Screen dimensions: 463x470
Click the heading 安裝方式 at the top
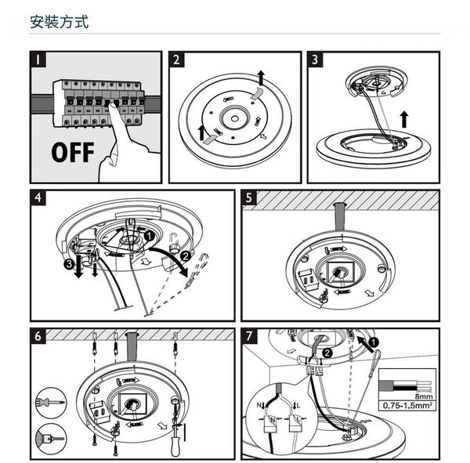click(x=59, y=21)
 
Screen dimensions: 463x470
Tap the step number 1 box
click(x=38, y=59)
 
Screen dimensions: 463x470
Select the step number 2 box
click(x=176, y=59)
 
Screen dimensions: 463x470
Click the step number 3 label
click(x=316, y=59)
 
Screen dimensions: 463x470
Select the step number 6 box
click(x=38, y=335)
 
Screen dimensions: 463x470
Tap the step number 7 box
click(x=249, y=335)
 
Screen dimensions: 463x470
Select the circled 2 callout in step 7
click(x=327, y=353)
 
